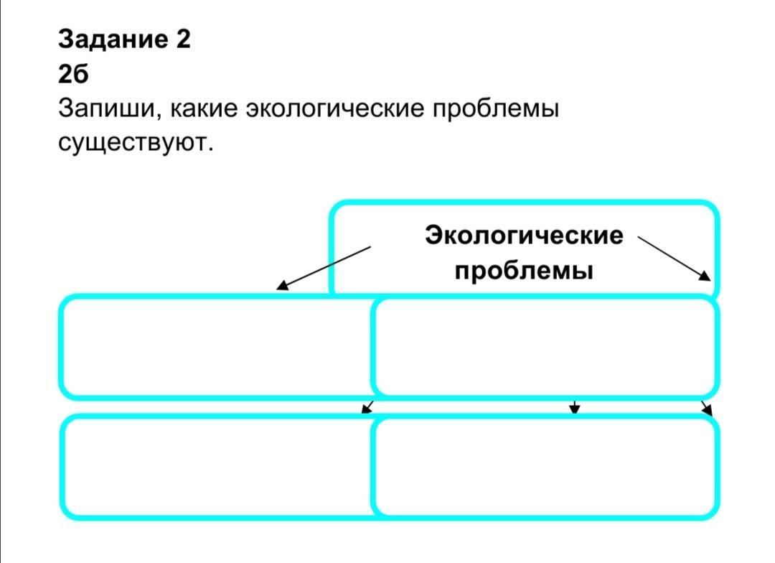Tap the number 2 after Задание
click(183, 39)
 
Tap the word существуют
click(136, 144)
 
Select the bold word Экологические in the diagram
click(524, 236)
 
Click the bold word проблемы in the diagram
click(524, 271)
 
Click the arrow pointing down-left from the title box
click(324, 268)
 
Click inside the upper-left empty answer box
click(215, 346)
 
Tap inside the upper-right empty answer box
click(545, 346)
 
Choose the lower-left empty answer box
click(215, 467)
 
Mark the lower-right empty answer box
click(545, 467)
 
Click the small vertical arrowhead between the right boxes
click(574, 407)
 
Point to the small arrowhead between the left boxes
click(367, 407)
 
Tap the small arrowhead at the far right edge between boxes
click(707, 409)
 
